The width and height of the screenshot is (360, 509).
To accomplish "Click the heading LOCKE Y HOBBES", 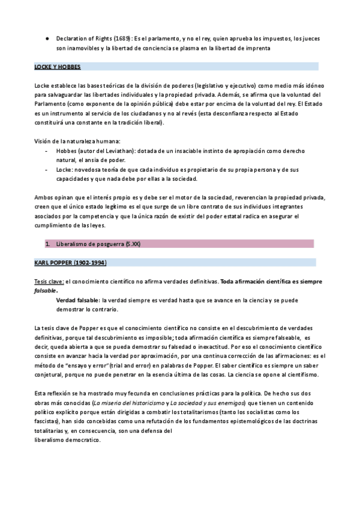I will point(58,67).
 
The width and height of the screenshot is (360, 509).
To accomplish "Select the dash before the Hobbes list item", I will point(47,151).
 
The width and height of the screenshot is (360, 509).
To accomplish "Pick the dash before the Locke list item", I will point(47,170).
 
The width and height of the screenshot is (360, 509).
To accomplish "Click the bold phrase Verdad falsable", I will point(78,300).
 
